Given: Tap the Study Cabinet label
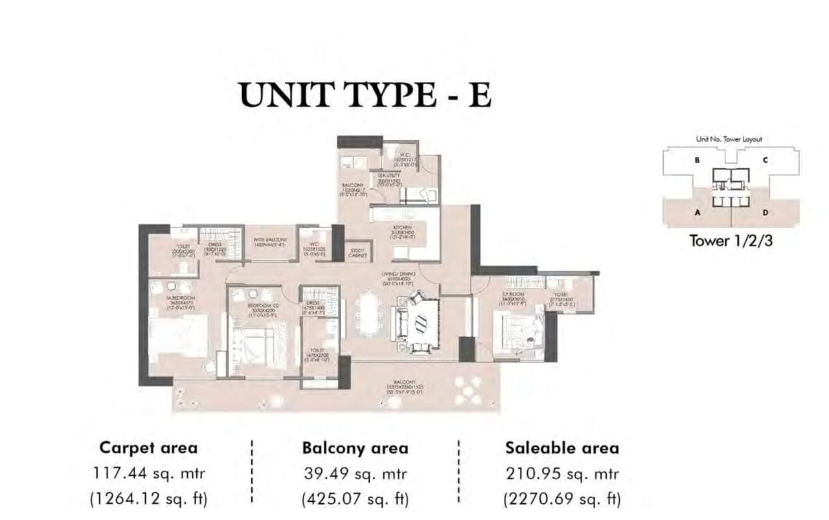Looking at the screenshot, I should click(358, 253).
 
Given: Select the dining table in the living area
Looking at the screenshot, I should click(369, 313).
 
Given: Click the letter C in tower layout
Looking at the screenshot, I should click(765, 160).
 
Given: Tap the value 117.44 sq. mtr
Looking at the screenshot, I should click(149, 473).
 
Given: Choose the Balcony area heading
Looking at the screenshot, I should click(355, 448).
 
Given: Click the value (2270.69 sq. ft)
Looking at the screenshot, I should click(562, 499).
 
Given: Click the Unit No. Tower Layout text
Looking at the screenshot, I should click(729, 139).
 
